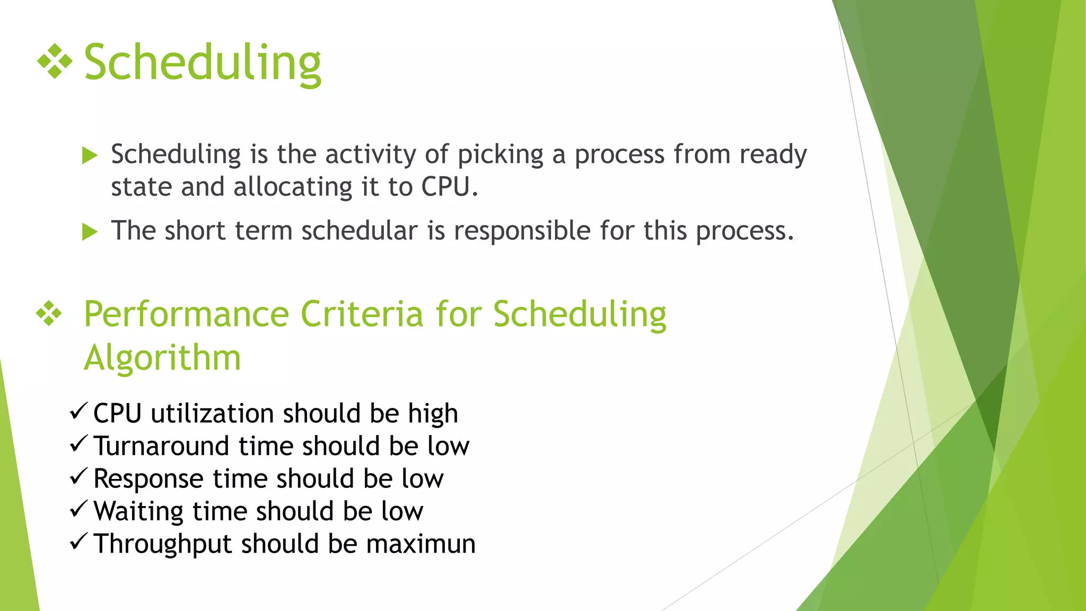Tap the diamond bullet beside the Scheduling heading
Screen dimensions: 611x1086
pyautogui.click(x=55, y=62)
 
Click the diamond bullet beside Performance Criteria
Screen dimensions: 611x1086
pyautogui.click(x=49, y=313)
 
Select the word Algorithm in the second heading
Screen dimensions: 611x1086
pyautogui.click(x=162, y=357)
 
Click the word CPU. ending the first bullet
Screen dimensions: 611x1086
pyautogui.click(x=450, y=187)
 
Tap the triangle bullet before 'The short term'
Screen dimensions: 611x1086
pyautogui.click(x=90, y=232)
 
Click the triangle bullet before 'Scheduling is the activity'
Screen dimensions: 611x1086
pyautogui.click(x=90, y=155)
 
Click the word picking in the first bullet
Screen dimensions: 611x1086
pyautogui.click(x=500, y=155)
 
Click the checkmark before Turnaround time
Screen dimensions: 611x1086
pyautogui.click(x=78, y=443)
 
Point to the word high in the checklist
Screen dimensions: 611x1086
pyautogui.click(x=433, y=414)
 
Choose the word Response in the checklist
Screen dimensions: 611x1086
pyautogui.click(x=148, y=479)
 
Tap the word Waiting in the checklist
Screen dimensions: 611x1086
pyautogui.click(x=138, y=512)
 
